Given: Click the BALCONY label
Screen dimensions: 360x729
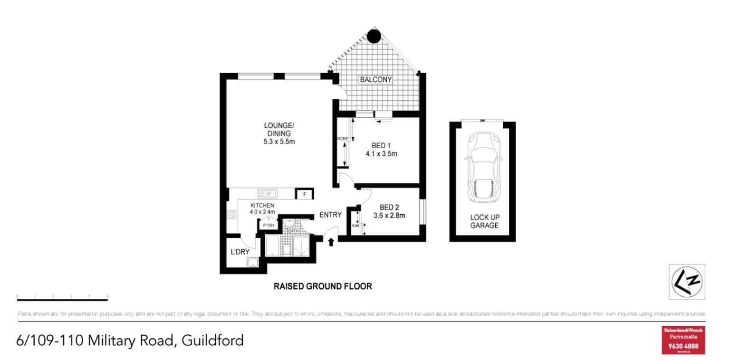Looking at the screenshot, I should click(375, 80).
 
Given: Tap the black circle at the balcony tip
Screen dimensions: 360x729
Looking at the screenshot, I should click(374, 36).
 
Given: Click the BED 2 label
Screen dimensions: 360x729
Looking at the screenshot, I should click(389, 207).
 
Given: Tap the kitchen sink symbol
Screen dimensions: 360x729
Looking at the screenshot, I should click(267, 193).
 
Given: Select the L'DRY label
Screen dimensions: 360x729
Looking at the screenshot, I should click(240, 252).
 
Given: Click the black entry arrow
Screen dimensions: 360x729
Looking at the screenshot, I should click(331, 242).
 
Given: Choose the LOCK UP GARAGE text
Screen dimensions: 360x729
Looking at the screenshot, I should click(484, 221).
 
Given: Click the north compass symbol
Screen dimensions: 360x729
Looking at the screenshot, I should click(687, 282).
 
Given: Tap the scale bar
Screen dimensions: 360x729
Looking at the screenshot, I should click(62, 297).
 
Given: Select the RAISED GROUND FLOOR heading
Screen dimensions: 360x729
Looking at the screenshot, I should click(322, 286).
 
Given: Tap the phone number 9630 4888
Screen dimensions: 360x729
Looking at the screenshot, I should click(683, 346).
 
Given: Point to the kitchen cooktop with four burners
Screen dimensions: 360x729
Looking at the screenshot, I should click(232, 215).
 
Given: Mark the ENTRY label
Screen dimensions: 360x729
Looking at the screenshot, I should click(330, 215).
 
